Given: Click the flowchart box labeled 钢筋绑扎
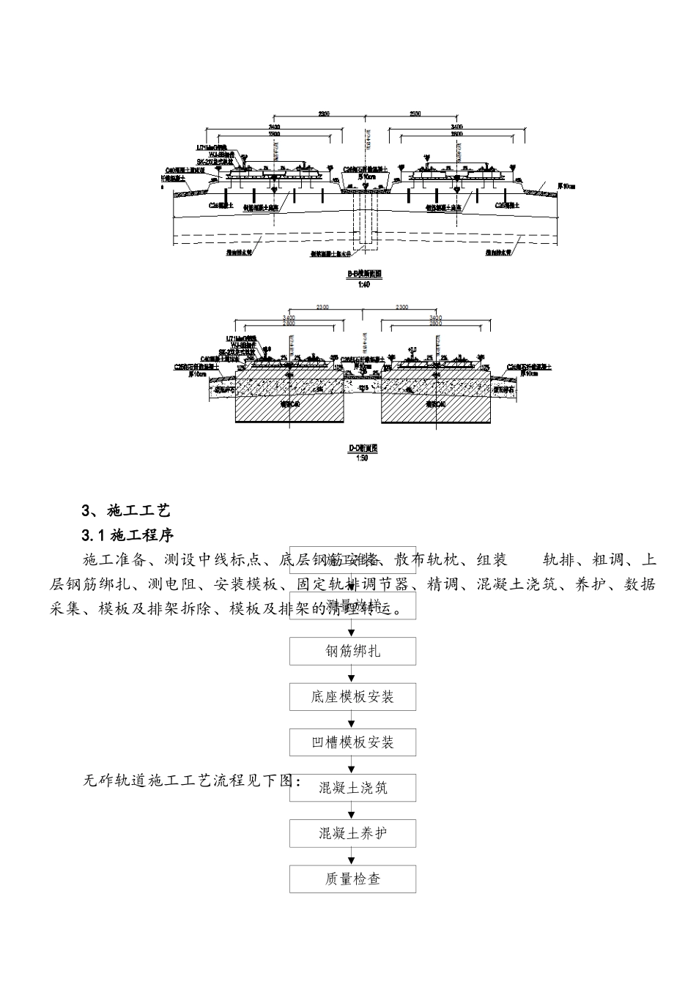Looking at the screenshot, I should click(352, 651).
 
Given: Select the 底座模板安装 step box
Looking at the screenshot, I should click(352, 697).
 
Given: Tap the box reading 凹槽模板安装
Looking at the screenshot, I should click(352, 742).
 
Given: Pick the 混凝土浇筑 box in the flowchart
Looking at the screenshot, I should click(352, 788).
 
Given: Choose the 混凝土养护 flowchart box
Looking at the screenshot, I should click(352, 833).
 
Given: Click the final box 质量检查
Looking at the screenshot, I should click(352, 879).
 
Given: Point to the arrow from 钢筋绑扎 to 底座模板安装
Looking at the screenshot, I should click(352, 674).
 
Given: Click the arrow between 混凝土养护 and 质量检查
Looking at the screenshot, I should click(352, 857).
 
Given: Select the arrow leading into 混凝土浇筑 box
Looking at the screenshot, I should click(352, 766).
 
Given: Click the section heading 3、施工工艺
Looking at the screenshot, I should click(125, 510).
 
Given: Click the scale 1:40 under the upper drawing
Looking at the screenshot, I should click(364, 285).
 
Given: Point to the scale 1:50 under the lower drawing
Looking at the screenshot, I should click(363, 458).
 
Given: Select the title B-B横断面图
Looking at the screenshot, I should click(364, 275).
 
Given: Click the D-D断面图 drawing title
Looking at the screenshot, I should click(363, 448).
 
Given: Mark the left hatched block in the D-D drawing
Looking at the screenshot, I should click(289, 406).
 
